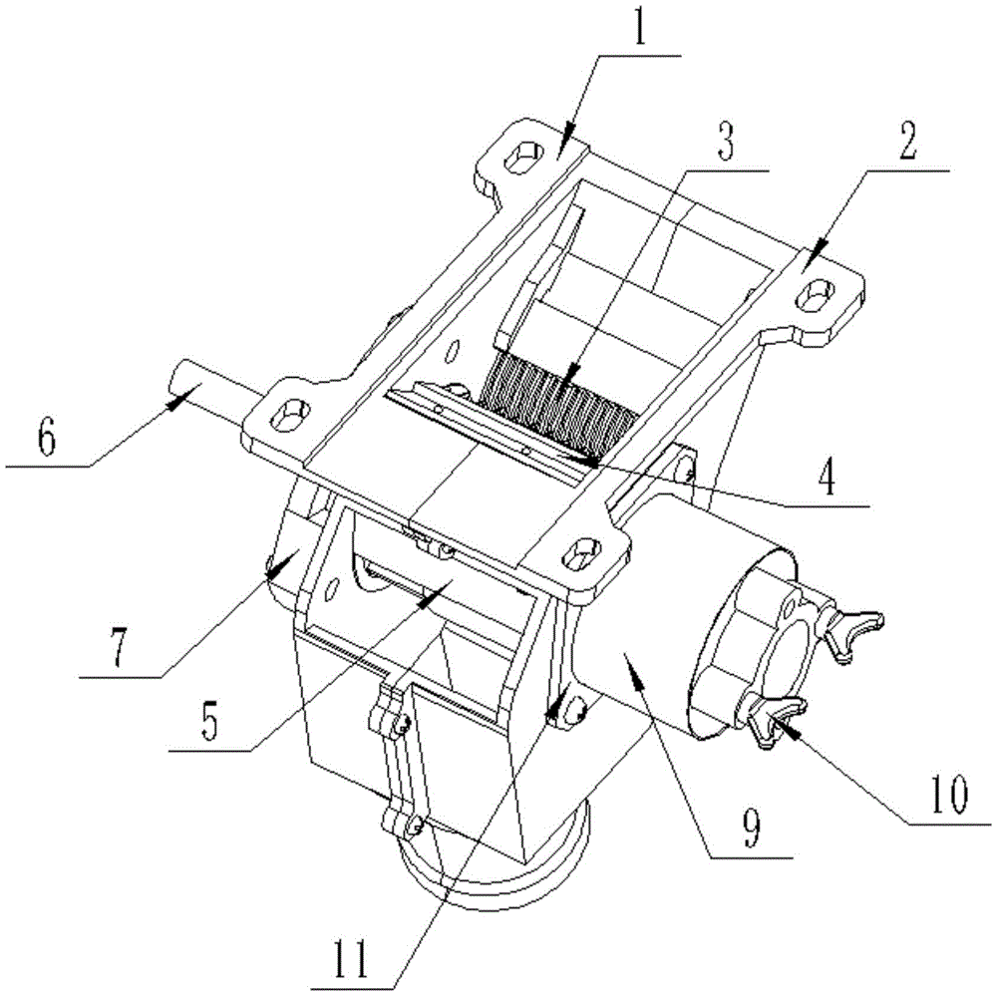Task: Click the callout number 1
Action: pos(640,29)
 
